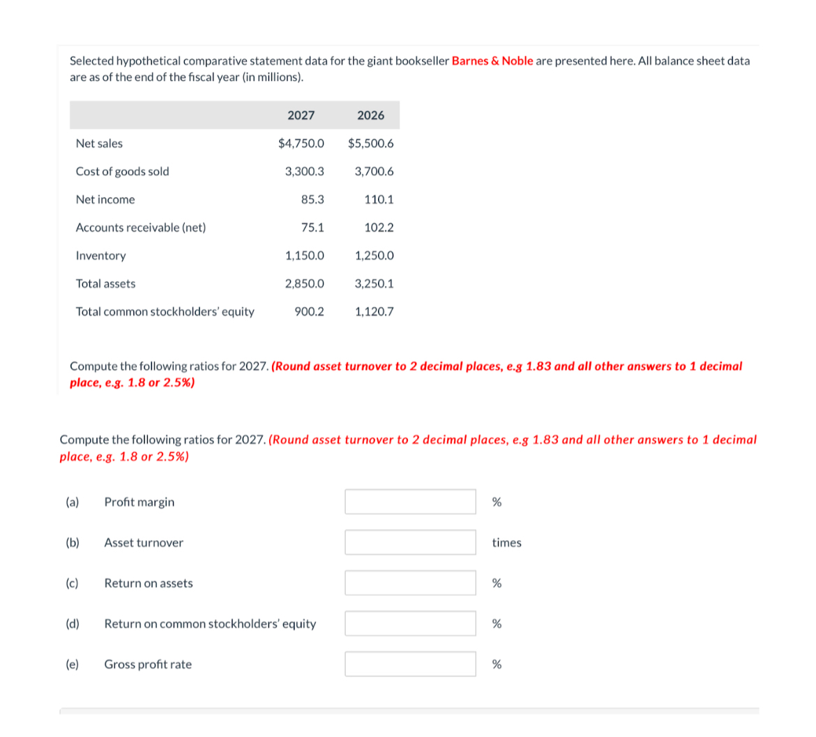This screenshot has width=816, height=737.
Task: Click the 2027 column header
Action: [x=301, y=115]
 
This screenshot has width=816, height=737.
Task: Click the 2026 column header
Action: [x=370, y=115]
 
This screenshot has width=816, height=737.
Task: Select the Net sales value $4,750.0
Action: [x=301, y=143]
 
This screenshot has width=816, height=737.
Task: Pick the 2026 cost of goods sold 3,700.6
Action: [x=374, y=172]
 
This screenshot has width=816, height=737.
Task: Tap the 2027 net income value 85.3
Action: [x=312, y=200]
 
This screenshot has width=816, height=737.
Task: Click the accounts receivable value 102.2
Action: [x=379, y=228]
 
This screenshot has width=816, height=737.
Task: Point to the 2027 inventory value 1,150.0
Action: [x=304, y=255]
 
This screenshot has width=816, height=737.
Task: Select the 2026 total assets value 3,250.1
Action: [x=374, y=283]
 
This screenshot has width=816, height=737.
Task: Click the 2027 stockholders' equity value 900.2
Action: [x=309, y=311]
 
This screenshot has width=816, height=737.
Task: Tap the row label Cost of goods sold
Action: [x=122, y=172]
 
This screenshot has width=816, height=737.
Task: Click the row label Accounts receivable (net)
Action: [x=140, y=228]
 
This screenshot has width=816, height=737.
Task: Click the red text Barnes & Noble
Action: [x=492, y=61]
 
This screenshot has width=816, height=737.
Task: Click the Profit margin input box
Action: [x=410, y=502]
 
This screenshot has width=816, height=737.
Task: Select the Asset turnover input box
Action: [x=410, y=542]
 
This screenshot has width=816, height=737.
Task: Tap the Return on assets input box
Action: [x=410, y=583]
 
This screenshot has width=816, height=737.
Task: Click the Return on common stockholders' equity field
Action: [x=410, y=623]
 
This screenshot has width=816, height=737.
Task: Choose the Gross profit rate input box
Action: [x=410, y=664]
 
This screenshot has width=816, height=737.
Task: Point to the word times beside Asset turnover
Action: [x=506, y=542]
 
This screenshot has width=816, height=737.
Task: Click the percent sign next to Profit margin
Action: [x=497, y=502]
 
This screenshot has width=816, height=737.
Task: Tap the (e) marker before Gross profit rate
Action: [x=72, y=664]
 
